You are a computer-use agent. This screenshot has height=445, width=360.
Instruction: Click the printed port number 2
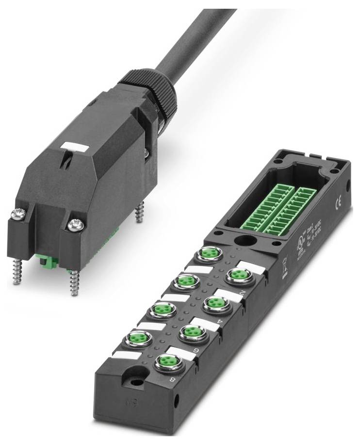[x=243, y=293]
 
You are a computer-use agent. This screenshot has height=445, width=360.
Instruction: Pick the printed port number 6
[x=196, y=353]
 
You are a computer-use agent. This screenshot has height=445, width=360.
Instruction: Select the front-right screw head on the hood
[x=76, y=225]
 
